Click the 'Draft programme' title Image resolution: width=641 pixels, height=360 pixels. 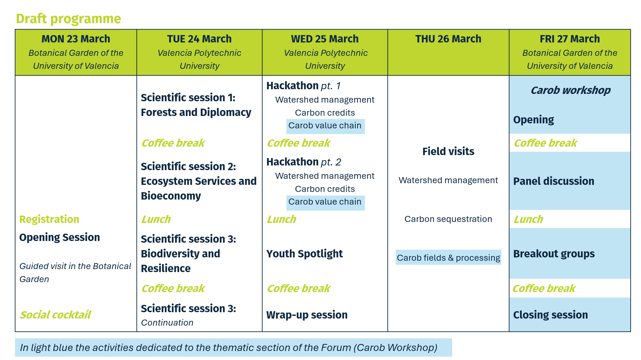click(x=68, y=19)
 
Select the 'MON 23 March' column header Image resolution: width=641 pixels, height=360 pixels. click(x=76, y=39)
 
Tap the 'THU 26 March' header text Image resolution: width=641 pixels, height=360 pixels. click(x=448, y=39)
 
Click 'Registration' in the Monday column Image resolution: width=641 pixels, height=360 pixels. click(x=49, y=219)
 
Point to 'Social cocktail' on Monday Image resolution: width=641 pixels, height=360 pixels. click(x=55, y=315)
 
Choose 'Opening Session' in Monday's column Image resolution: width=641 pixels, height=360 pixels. click(x=59, y=237)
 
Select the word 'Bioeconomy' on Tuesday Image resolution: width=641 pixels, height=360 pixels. click(x=170, y=196)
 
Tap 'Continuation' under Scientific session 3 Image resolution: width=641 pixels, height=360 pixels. click(x=167, y=323)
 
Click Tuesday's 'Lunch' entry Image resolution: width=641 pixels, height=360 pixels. click(x=156, y=219)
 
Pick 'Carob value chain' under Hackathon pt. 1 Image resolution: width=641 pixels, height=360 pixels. click(x=325, y=126)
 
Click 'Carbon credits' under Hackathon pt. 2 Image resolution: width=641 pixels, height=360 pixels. click(x=325, y=189)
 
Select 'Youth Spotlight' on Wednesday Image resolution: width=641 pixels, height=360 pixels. click(x=304, y=254)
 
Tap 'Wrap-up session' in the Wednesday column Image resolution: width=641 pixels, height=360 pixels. click(x=307, y=315)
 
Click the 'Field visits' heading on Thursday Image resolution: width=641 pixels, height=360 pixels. click(x=448, y=151)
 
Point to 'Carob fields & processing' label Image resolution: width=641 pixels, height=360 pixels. click(x=448, y=258)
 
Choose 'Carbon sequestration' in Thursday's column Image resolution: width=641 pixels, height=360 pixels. click(x=448, y=219)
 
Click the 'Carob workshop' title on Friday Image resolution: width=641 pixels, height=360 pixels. click(x=570, y=90)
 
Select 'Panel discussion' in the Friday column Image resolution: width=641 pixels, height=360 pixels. click(x=553, y=181)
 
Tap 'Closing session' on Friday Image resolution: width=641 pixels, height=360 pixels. click(x=550, y=315)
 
